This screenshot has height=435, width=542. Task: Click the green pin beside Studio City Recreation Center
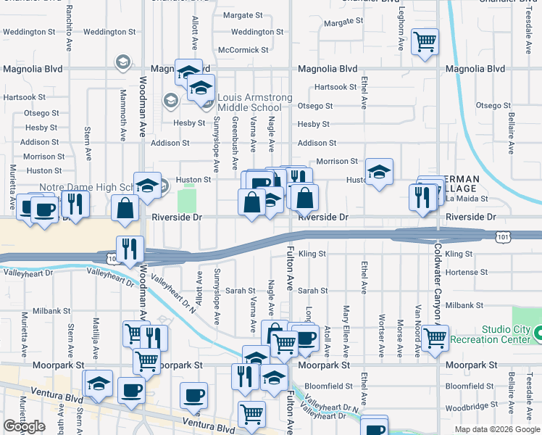point(539,334)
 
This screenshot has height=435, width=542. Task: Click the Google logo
point(24,426)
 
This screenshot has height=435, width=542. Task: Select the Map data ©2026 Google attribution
point(496,429)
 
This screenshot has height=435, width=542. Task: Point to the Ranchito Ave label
point(70,23)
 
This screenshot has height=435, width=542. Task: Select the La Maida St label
point(464,199)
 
